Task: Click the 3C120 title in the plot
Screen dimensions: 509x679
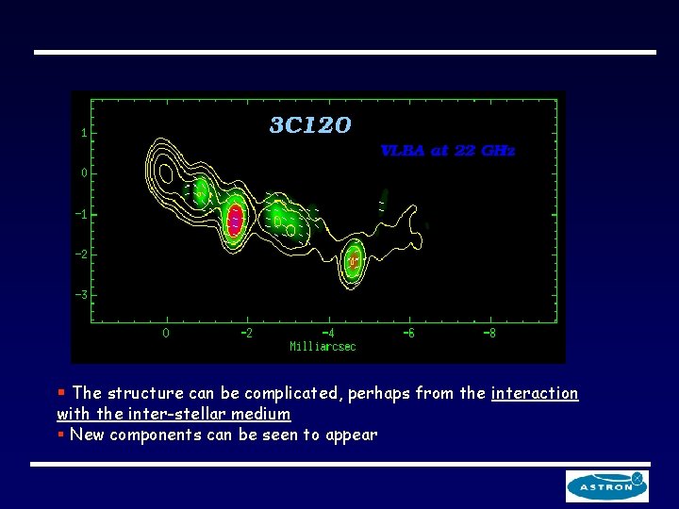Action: tap(310, 125)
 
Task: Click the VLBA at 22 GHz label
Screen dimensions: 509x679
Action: tap(448, 151)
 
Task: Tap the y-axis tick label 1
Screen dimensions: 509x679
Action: tap(84, 133)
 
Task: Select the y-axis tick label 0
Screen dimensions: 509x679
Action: tap(84, 173)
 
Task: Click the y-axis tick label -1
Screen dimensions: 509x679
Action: tap(82, 214)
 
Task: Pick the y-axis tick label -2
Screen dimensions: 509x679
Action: tap(82, 254)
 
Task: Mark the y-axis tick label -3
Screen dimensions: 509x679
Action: tap(82, 295)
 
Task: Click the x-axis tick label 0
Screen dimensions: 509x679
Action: tap(166, 333)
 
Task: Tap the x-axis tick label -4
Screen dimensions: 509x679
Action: tap(327, 333)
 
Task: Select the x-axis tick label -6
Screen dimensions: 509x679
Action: tap(408, 333)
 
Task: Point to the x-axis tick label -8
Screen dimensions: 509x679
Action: tap(489, 333)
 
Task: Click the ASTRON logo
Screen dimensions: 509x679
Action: tap(606, 485)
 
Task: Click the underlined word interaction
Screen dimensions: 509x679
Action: tap(535, 393)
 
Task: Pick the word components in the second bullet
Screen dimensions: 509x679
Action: tap(159, 435)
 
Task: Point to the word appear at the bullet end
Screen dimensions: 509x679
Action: tap(351, 435)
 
